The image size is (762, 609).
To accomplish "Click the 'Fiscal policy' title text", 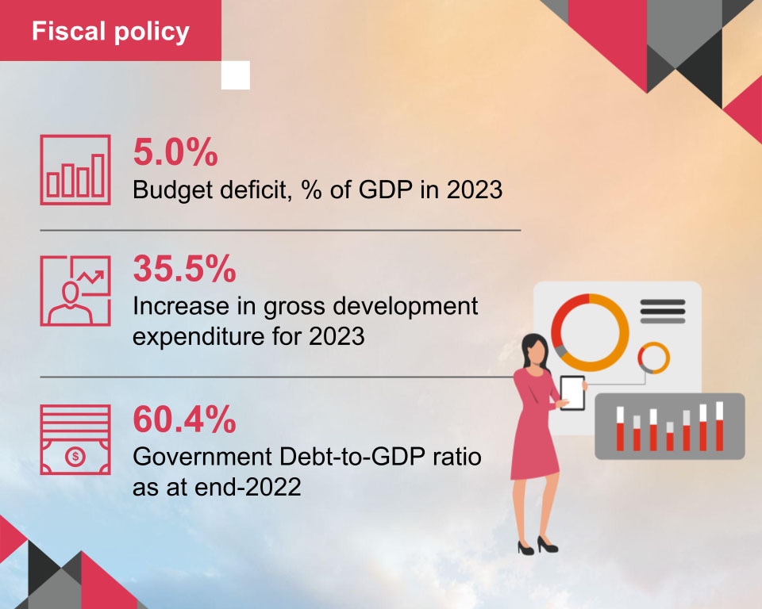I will tap(110, 32).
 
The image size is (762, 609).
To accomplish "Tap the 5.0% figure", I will tap(175, 153).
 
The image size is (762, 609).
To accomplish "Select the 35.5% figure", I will tap(184, 270).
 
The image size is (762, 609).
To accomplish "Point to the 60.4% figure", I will tap(184, 420).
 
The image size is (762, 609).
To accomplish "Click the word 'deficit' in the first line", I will tap(254, 191).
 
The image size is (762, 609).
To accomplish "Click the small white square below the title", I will tap(236, 75).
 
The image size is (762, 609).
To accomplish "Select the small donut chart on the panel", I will tap(654, 357).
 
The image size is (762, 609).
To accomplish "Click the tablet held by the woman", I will tap(572, 393).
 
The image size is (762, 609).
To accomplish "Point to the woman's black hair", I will tap(530, 349).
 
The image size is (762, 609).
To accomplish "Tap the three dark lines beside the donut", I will tap(662, 311).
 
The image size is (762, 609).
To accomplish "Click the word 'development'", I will tap(398, 306).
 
